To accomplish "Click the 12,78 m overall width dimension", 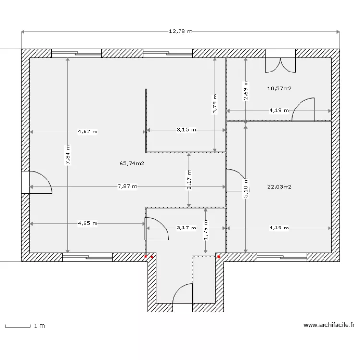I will coord(180,32).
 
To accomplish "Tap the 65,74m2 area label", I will coord(132,163).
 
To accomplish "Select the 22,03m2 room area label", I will coord(280,187).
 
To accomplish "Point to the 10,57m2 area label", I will coord(280,88).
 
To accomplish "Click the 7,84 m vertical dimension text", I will coord(68,155).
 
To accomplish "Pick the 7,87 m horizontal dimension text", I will coord(127,187).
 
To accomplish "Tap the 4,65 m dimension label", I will coord(87,223).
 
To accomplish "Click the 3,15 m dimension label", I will coord(186,130).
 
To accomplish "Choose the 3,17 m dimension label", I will coord(186,228).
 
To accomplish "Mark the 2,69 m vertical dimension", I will coord(246,91).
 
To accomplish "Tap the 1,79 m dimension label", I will coord(205,230).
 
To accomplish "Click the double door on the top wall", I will coord(281,62).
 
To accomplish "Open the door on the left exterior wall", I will coord(38,182).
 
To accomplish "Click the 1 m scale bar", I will coord(24,326).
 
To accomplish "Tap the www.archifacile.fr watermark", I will coord(329,325).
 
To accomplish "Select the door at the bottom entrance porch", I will coord(182,295).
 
